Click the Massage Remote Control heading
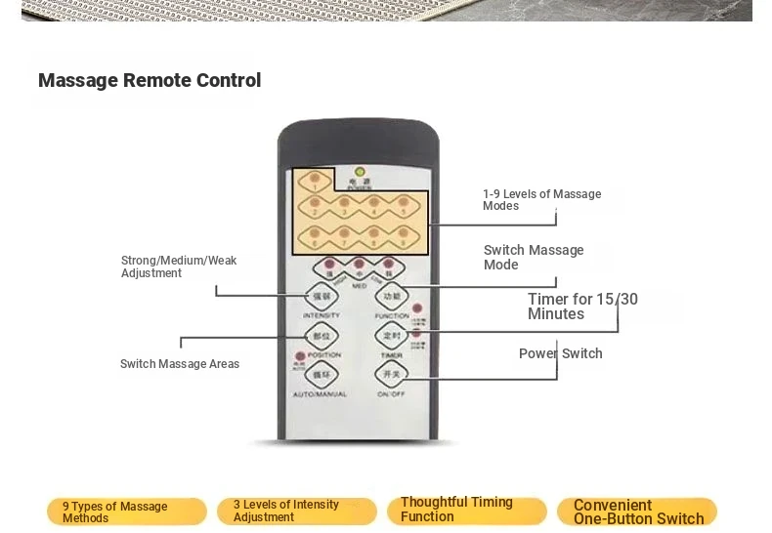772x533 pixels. pyautogui.click(x=150, y=81)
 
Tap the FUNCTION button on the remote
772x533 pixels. pyautogui.click(x=391, y=297)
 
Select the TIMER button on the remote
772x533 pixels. pyautogui.click(x=391, y=337)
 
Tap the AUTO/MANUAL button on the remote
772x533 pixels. pyautogui.click(x=321, y=375)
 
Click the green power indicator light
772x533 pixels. pyautogui.click(x=359, y=170)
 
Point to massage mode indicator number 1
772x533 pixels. pyautogui.click(x=315, y=181)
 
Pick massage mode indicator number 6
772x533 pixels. pyautogui.click(x=315, y=234)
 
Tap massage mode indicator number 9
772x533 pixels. pyautogui.click(x=402, y=234)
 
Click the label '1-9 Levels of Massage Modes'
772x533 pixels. pyautogui.click(x=541, y=200)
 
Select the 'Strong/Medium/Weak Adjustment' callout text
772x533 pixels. pyautogui.click(x=179, y=266)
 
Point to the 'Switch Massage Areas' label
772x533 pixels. pyautogui.click(x=180, y=364)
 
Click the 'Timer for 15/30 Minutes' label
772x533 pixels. pyautogui.click(x=582, y=307)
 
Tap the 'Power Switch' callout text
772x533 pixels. pyautogui.click(x=560, y=353)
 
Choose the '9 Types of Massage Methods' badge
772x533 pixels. pyautogui.click(x=127, y=512)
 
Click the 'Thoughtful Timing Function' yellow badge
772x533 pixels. pyautogui.click(x=466, y=510)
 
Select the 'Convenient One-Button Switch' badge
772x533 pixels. pyautogui.click(x=637, y=512)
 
